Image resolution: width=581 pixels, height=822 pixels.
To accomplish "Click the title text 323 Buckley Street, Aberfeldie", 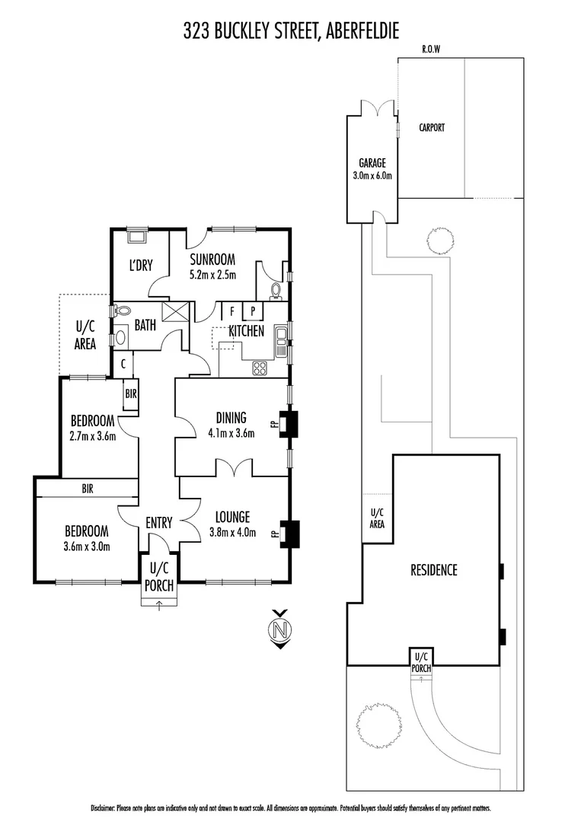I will coord(291,30).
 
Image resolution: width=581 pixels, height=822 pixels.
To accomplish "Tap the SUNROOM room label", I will coord(212,258).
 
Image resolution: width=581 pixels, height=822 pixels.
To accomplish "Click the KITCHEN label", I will coord(247,331).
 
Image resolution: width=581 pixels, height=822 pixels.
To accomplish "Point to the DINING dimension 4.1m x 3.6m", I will coord(230,433).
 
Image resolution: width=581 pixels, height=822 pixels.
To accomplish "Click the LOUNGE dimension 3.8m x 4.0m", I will coord(231,532).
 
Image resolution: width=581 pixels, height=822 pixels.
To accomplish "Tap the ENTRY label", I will coord(159,523).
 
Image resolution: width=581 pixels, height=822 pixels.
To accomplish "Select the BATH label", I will coord(145,325).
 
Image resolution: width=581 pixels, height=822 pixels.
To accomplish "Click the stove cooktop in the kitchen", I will coord(260,368).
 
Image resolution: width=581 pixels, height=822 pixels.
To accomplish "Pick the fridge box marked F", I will coord(231,311).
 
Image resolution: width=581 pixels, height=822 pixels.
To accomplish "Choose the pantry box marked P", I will coord(253,311).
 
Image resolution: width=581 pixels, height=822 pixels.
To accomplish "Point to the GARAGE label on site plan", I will coord(372,163).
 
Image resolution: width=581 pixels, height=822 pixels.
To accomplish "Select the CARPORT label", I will coord(432,128).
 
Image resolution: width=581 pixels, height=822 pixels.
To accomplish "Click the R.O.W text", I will coord(432,49).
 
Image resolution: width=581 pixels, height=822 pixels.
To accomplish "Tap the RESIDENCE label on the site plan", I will coord(434,569).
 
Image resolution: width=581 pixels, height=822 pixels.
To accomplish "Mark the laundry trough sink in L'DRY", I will coord(138,235).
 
